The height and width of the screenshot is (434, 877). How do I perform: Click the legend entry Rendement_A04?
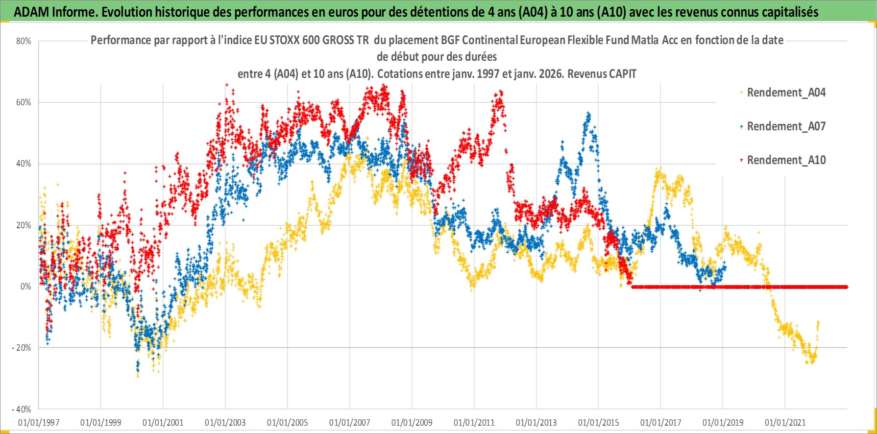coord(786,93)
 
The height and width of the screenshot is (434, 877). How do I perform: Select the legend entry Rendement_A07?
coord(786,126)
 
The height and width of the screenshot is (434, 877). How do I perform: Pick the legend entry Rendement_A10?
coord(786,160)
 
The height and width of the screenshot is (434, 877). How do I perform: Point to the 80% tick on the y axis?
coord(24,41)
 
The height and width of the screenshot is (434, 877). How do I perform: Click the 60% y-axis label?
coord(24,102)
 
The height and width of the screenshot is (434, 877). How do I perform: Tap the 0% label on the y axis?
coord(25,287)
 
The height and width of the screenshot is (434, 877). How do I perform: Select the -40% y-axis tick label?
coord(22,409)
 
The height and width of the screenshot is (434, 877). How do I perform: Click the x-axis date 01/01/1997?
coord(39,422)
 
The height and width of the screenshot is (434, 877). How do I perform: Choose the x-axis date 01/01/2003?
coord(225,422)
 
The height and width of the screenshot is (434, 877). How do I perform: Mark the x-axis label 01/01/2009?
coord(412,422)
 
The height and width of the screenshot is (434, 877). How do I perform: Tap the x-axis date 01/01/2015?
coord(598,422)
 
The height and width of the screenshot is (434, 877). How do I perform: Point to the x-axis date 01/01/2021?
coord(785,422)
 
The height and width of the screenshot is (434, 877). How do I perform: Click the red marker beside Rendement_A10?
coord(741,160)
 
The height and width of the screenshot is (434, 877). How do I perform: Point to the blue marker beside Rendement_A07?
coord(741,126)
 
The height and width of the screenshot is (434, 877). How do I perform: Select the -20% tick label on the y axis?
coord(22,348)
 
